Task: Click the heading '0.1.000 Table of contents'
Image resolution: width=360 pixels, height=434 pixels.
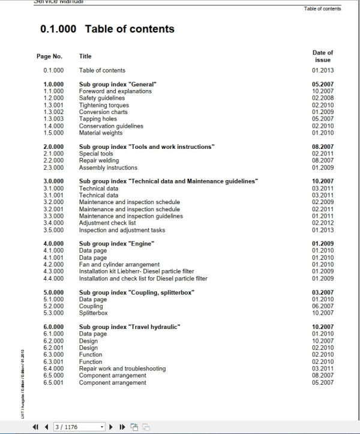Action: [x=107, y=29]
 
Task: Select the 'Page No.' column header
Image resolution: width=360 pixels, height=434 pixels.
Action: [x=49, y=56]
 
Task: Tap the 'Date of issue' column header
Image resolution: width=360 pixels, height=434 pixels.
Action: [x=322, y=56]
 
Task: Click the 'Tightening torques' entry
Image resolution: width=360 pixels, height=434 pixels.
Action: [x=104, y=105]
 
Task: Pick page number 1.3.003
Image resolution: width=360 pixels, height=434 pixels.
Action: [x=53, y=119]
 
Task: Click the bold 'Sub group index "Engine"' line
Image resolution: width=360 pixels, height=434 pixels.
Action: [x=116, y=244]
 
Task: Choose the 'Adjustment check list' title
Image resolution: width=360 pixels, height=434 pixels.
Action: [x=109, y=223]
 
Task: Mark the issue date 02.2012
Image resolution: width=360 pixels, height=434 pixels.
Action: [x=322, y=223]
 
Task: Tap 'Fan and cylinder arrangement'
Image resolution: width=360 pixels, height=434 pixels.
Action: [x=119, y=265]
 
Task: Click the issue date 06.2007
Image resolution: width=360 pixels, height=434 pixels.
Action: [x=322, y=306]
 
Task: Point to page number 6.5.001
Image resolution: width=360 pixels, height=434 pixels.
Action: [x=53, y=382]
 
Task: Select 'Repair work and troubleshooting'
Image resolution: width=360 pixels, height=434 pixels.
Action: [x=122, y=369]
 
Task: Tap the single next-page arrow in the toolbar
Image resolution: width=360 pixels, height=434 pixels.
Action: [x=110, y=427]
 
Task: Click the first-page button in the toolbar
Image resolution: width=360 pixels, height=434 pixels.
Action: [x=35, y=427]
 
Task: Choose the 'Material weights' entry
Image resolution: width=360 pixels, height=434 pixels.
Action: [x=101, y=133]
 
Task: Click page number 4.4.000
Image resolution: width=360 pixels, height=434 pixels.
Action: [x=53, y=279]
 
